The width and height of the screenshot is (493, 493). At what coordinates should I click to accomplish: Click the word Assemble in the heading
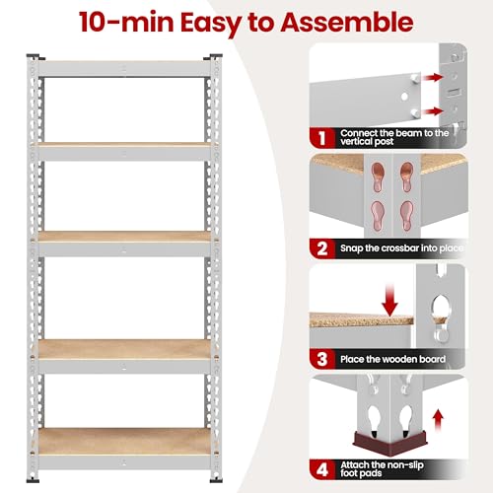[x=347, y=22]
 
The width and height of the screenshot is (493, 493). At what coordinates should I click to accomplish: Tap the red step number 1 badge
[x=322, y=138]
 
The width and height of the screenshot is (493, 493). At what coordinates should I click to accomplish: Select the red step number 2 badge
[x=322, y=248]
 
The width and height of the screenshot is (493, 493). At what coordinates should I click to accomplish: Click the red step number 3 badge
[x=322, y=359]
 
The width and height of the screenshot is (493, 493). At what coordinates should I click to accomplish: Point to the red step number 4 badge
[x=322, y=470]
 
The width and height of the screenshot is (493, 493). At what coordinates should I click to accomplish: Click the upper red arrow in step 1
[x=432, y=78]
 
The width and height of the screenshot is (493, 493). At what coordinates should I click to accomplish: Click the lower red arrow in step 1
[x=432, y=111]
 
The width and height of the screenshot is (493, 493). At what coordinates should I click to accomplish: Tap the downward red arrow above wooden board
[x=389, y=301]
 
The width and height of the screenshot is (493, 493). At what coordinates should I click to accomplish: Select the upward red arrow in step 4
[x=438, y=420]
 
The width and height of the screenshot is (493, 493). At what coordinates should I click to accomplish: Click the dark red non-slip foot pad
[x=388, y=444]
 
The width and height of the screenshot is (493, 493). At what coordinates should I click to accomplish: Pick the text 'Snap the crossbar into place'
[x=402, y=248]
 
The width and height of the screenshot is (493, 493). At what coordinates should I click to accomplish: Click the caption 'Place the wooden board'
[x=392, y=359]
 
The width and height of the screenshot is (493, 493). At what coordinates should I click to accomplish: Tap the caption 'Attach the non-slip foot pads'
[x=382, y=469]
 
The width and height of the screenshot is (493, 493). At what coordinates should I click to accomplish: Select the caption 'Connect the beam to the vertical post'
[x=394, y=137]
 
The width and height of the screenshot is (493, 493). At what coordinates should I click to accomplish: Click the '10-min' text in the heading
[x=127, y=22]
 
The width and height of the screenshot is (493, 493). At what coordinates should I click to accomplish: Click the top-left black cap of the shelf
[x=35, y=57]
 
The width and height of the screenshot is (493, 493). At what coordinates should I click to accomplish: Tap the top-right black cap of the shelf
[x=213, y=57]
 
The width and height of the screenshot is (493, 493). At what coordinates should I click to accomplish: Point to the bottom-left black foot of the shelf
[x=33, y=481]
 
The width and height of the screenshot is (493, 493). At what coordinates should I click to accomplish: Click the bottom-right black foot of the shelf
[x=216, y=481]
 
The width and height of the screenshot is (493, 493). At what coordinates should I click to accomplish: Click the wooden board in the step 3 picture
[x=362, y=319]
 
